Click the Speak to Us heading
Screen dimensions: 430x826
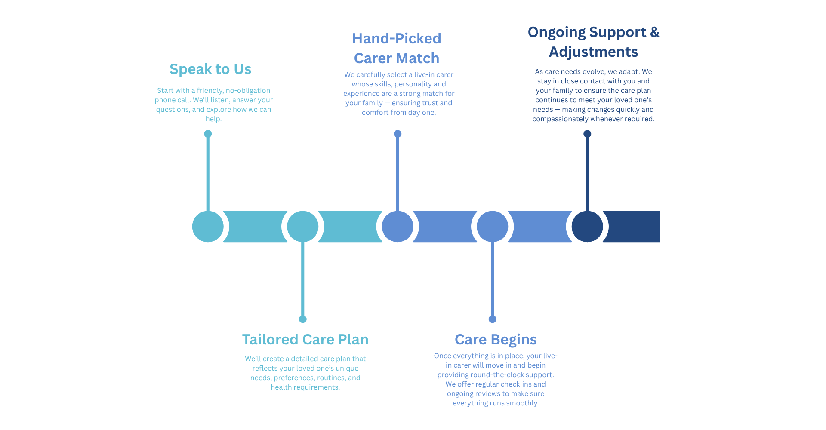(x=210, y=69)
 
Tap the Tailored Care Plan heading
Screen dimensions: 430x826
(x=305, y=340)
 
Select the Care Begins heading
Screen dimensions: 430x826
(x=496, y=340)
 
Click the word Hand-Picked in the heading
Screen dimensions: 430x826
(x=396, y=39)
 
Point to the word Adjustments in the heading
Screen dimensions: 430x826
(x=593, y=52)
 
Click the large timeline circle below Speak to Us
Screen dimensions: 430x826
(x=208, y=227)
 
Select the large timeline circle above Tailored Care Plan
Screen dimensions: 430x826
(x=303, y=227)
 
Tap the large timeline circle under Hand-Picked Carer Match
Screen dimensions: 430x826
(x=398, y=227)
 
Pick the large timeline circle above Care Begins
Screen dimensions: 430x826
(x=493, y=227)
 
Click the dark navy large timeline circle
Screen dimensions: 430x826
(x=587, y=227)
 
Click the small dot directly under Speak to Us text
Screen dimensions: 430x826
(x=208, y=134)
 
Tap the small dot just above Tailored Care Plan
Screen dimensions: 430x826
(x=303, y=319)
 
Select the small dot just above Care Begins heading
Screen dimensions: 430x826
(x=493, y=319)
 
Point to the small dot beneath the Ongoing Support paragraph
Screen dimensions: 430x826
(x=587, y=134)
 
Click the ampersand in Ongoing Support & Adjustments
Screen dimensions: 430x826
(x=654, y=32)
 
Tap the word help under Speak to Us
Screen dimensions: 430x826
(x=213, y=119)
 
